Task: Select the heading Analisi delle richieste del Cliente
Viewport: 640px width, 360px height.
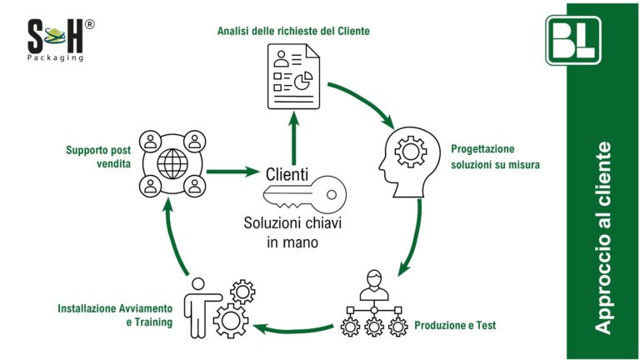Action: point(293,31)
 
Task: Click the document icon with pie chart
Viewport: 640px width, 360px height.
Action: point(292,77)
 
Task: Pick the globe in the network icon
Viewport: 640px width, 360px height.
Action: point(172,162)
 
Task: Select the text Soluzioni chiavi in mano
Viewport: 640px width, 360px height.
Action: point(292,232)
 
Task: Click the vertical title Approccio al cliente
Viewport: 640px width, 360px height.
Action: point(603,238)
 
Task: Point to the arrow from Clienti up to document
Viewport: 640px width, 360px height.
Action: point(292,137)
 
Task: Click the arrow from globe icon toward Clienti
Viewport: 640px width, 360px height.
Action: point(232,172)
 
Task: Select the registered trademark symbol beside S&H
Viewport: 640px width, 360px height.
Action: point(89,24)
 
